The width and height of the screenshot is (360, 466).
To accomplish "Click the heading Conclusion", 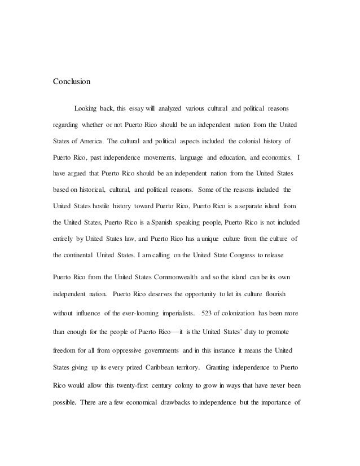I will [x=71, y=81].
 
